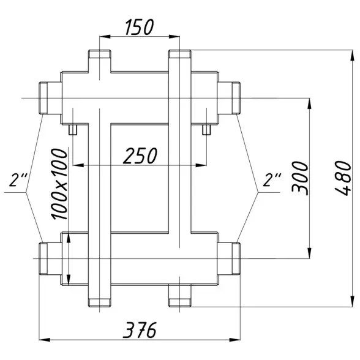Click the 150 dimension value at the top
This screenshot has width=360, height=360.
point(140,27)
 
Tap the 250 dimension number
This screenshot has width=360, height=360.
point(140,156)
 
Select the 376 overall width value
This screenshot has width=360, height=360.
point(140,330)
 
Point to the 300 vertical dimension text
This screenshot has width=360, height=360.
point(300,178)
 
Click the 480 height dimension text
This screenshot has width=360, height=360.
point(343,178)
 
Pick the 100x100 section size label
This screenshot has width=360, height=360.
point(60,184)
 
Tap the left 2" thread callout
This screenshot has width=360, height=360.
point(18,179)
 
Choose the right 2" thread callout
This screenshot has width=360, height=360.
point(272,179)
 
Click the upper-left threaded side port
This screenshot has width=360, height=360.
point(50,98)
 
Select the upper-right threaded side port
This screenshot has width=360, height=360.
point(229,98)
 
